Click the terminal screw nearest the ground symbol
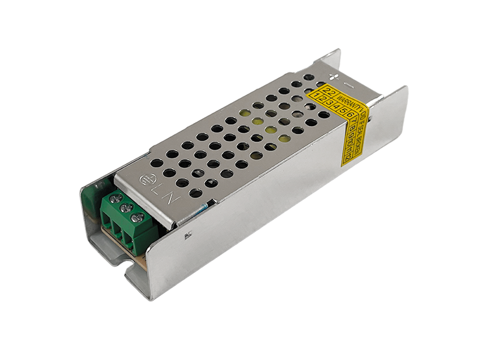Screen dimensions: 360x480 click(x=116, y=199)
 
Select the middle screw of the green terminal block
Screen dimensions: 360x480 click(x=127, y=208)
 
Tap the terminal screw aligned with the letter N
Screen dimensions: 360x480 click(x=137, y=217)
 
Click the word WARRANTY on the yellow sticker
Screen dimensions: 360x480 click(x=349, y=102)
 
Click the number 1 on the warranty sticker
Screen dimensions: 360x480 click(x=316, y=95)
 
